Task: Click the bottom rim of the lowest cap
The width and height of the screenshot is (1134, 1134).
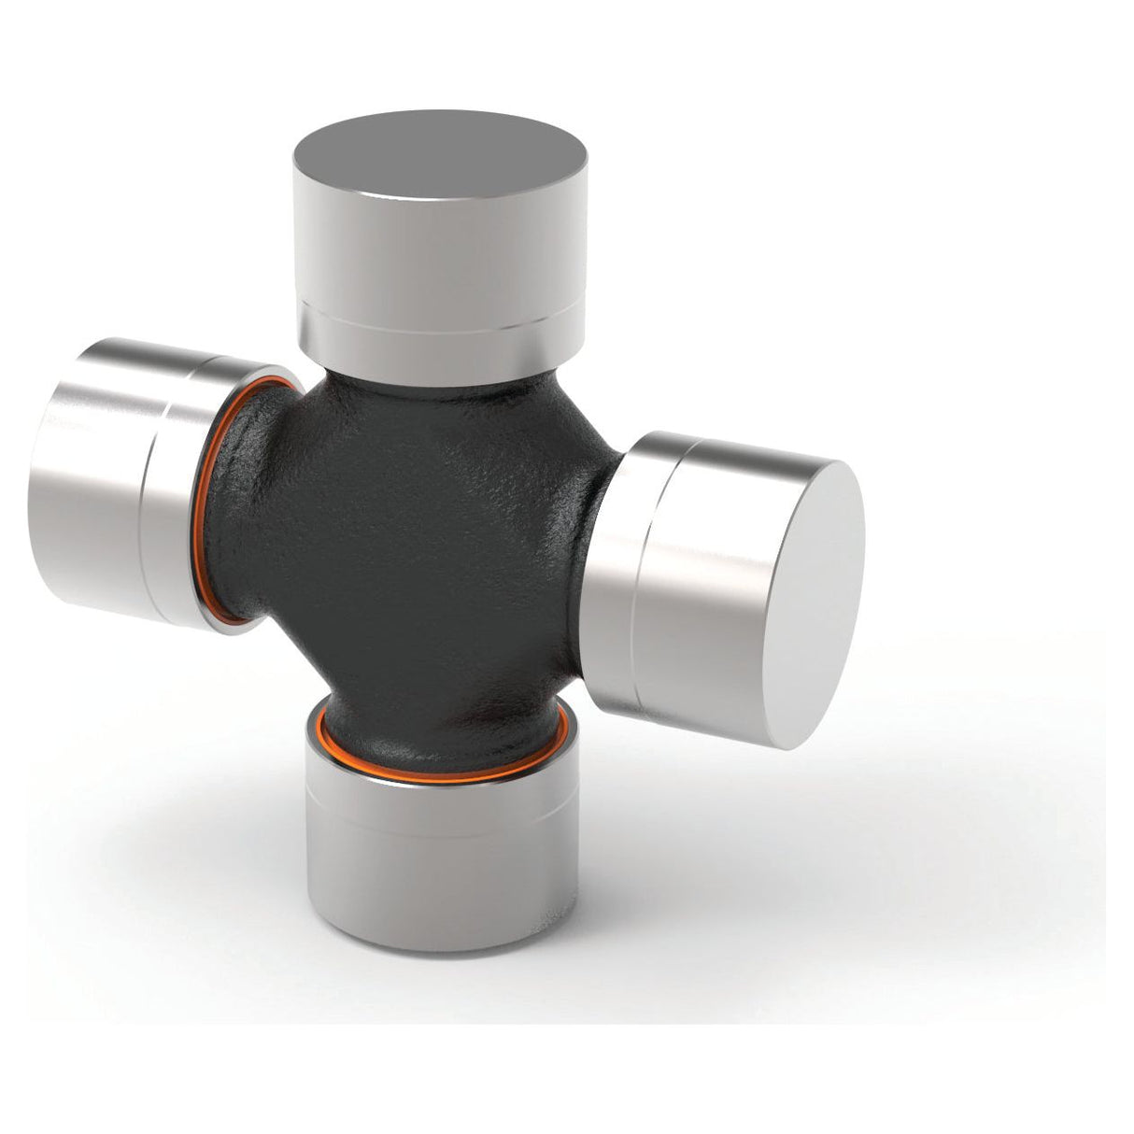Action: pyautogui.click(x=439, y=921)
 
